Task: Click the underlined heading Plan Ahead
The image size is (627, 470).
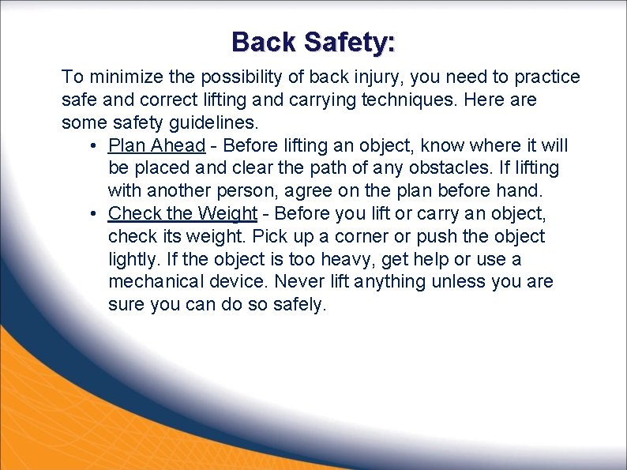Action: [156, 145]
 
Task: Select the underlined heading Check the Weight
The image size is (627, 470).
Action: [182, 213]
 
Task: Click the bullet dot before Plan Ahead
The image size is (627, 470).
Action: [92, 146]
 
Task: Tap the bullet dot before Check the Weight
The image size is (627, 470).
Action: [92, 214]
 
